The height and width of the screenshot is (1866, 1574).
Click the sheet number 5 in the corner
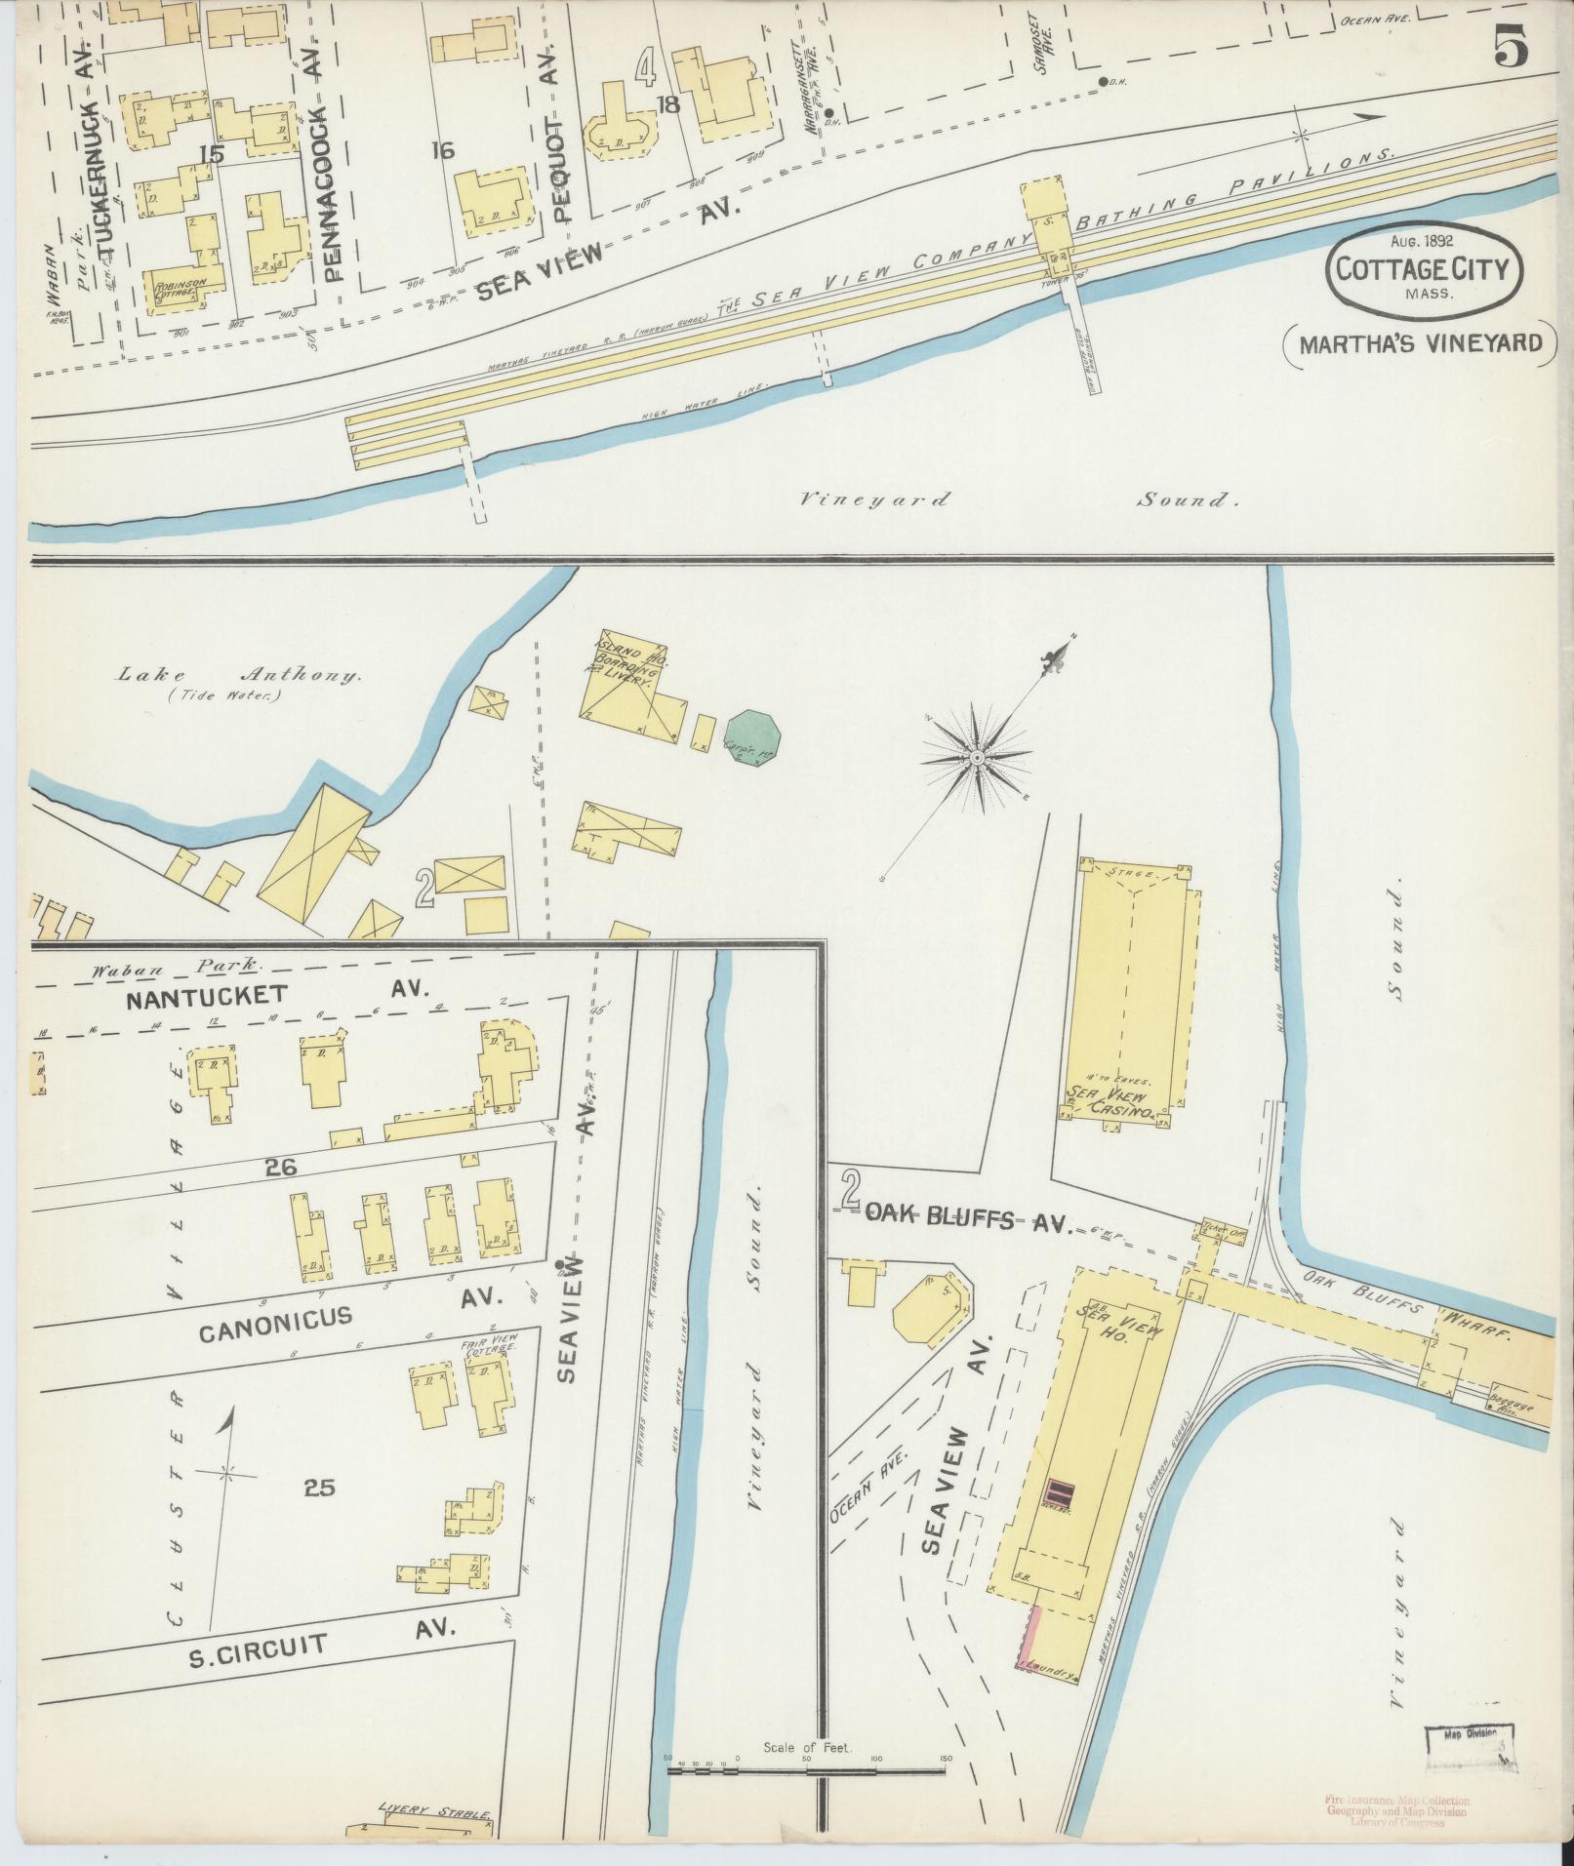tap(1511, 46)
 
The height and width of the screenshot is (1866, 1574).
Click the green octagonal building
tap(752, 739)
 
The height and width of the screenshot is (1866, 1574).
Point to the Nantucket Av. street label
tap(273, 994)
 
